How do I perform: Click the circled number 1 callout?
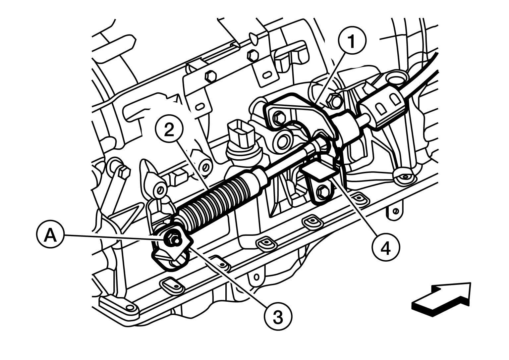[x=352, y=40]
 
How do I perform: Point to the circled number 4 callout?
[x=386, y=247]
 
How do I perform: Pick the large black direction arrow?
[x=441, y=299]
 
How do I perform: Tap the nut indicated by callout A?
[x=172, y=239]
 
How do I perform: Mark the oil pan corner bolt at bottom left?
[x=130, y=308]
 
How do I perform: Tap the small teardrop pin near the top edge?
[x=254, y=37]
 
